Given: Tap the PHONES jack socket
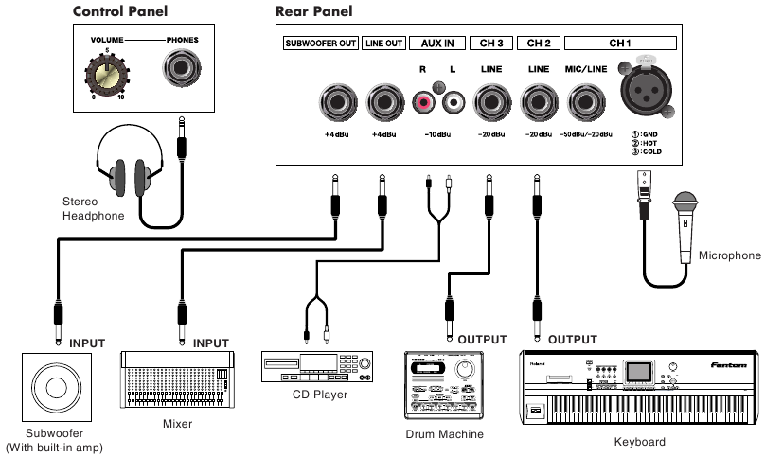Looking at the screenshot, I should (182, 69).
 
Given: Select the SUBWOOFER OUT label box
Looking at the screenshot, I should (320, 43).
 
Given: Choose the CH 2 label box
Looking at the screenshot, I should (539, 43).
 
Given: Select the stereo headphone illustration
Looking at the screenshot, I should (131, 174).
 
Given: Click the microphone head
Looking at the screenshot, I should (685, 205).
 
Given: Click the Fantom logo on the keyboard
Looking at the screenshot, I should (730, 363).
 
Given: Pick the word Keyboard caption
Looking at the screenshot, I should (640, 442).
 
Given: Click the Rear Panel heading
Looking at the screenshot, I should (313, 12).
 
